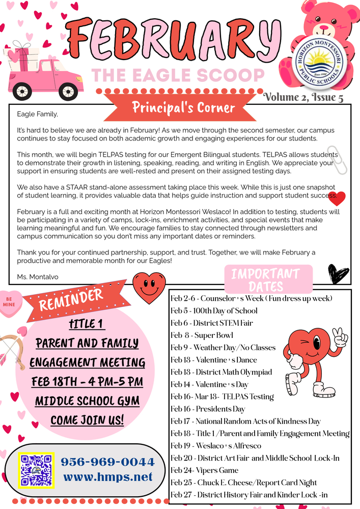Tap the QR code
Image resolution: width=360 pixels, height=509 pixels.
tap(37, 471)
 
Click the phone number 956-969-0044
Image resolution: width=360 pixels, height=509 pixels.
tap(107, 462)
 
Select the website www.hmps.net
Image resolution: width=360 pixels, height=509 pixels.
tap(107, 477)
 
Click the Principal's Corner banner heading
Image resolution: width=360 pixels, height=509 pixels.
tap(183, 108)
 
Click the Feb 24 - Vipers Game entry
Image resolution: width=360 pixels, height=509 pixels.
tap(204, 470)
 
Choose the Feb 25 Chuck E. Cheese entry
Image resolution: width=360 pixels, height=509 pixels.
tap(243, 482)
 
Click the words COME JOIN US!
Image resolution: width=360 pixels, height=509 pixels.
tap(87, 421)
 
